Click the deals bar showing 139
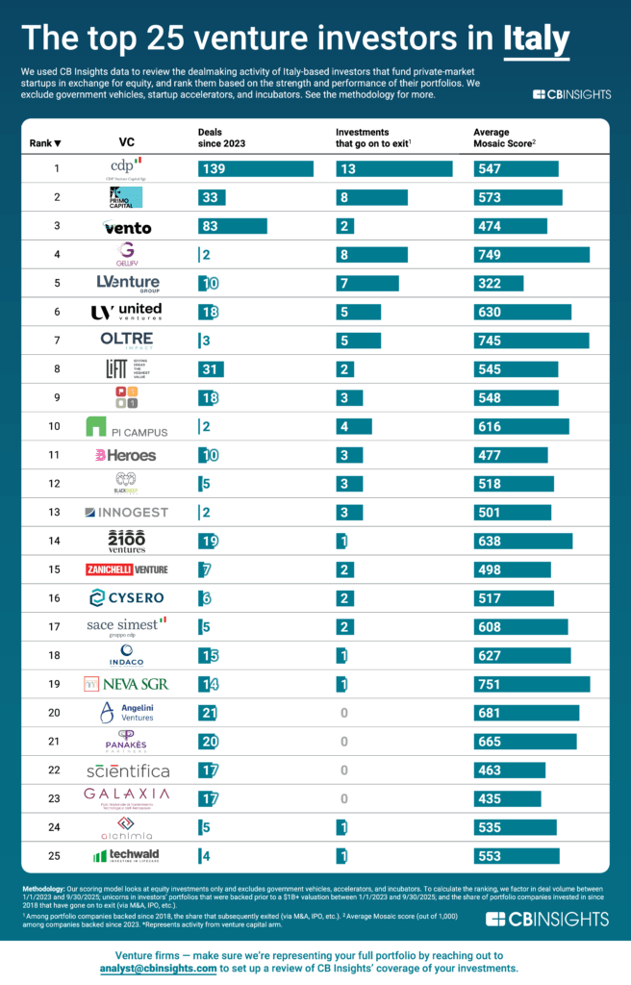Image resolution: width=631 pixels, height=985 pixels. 256,169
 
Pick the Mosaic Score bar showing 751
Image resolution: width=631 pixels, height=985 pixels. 532,685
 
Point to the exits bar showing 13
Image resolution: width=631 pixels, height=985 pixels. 394,169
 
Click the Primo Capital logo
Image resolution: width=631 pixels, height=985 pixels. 125,197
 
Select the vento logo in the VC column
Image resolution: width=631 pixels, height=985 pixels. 125,227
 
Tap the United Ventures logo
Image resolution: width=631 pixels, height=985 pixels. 126,312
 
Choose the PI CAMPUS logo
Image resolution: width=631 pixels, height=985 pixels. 125,426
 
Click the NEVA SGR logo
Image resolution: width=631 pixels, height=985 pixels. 126,685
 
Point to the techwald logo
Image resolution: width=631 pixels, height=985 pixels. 126,856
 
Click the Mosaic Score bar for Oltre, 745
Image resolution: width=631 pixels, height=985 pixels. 532,341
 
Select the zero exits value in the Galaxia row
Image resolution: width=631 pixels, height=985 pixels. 342,798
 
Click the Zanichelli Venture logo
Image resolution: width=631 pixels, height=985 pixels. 126,570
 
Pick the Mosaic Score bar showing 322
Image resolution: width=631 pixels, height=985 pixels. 498,283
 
